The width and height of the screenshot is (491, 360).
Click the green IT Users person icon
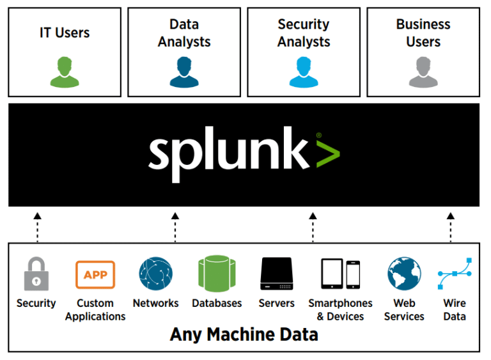65,72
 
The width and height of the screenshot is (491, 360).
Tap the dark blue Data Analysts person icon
184,72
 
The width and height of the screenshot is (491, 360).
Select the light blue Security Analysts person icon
304,72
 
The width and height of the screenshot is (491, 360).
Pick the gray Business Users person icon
423,72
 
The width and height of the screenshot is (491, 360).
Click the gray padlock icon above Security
35,274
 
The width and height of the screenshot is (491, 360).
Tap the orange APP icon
95,274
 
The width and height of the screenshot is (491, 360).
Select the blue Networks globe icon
155,274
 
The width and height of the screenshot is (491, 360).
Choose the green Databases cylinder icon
217,274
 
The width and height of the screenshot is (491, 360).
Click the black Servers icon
276,274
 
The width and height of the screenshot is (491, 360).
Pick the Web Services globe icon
404,274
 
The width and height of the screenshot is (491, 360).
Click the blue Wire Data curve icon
455,274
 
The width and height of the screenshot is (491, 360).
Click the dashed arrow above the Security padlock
37,227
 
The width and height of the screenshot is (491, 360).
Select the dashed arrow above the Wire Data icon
450,227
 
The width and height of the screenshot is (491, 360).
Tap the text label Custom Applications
95,309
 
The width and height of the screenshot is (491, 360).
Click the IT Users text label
65,33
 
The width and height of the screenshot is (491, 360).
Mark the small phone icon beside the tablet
353,274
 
